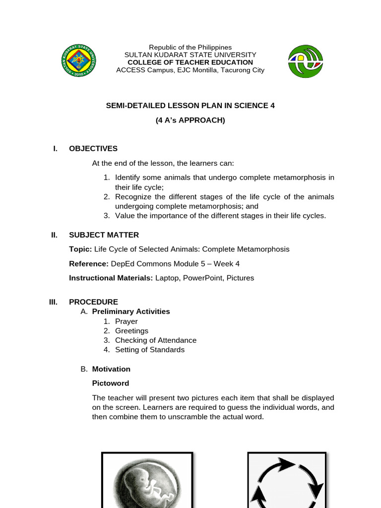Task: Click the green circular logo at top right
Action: (x=305, y=61)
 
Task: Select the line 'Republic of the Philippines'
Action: (x=190, y=47)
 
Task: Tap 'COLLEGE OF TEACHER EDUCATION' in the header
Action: (x=190, y=63)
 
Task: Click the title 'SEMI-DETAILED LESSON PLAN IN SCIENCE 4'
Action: (x=190, y=106)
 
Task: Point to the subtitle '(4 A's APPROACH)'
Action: (x=190, y=120)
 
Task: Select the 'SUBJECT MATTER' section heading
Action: (x=104, y=235)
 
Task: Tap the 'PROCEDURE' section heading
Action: (x=93, y=302)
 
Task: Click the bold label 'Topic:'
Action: (x=80, y=249)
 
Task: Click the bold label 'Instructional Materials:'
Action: (x=111, y=278)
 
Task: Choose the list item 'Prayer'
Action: (x=127, y=321)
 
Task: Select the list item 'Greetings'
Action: (x=131, y=331)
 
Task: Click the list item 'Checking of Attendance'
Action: (x=156, y=340)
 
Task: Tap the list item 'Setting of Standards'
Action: (x=150, y=350)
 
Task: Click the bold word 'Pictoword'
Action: (x=111, y=383)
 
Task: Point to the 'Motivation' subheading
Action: (x=111, y=369)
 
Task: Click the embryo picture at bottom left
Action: (x=147, y=480)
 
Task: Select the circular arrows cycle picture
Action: (x=287, y=480)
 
